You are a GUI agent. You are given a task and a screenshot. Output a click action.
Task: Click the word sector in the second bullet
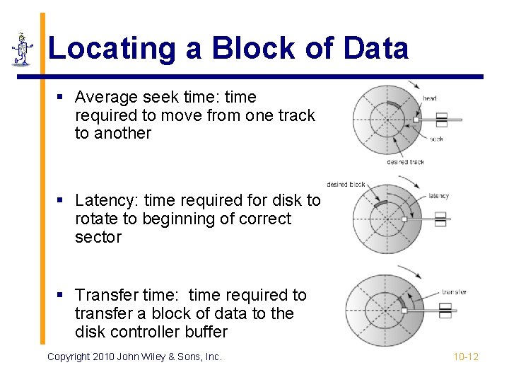click(98, 238)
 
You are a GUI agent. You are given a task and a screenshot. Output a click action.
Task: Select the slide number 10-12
click(466, 357)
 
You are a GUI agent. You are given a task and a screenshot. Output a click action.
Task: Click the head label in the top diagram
click(430, 98)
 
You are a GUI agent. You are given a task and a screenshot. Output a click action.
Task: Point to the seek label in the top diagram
click(436, 139)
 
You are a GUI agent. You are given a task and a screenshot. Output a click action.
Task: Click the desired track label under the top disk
click(405, 162)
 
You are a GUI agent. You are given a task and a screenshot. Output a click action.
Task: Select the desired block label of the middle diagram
click(346, 185)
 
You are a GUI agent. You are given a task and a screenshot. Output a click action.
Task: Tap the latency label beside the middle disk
click(438, 196)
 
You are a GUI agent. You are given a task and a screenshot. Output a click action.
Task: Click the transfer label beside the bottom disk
click(454, 291)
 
